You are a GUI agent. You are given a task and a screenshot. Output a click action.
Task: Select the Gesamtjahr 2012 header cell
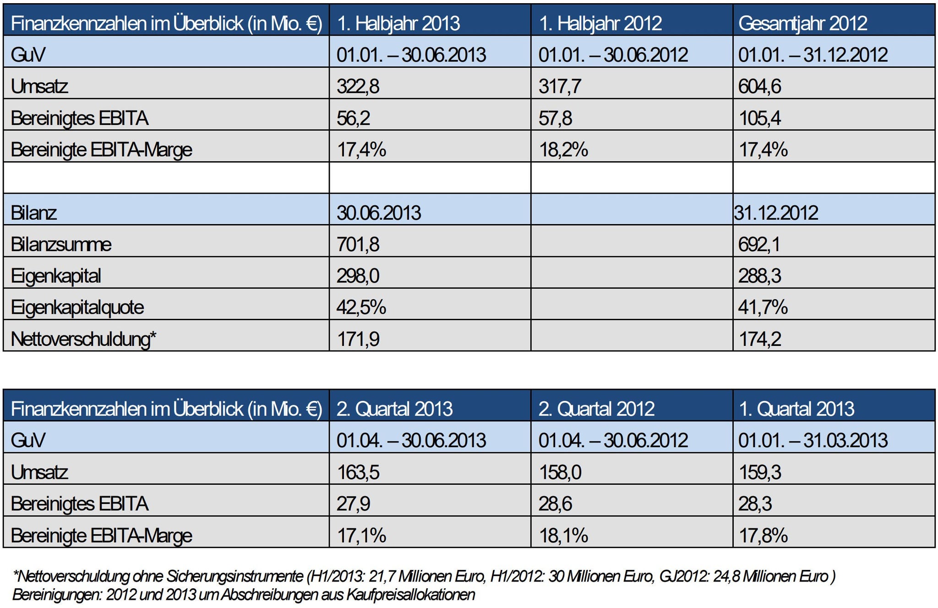pos(802,23)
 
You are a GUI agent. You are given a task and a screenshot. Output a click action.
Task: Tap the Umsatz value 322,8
pos(358,86)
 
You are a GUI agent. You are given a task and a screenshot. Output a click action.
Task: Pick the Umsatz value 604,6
pos(759,86)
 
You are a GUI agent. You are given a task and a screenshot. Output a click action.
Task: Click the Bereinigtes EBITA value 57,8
pos(555,118)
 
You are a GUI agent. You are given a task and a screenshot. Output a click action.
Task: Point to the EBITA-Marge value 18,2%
pos(563,150)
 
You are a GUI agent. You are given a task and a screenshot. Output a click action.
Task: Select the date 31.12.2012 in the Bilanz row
pos(776,213)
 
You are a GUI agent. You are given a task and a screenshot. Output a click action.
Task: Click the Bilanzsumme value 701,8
pos(358,245)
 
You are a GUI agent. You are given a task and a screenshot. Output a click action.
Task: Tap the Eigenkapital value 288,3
pos(759,276)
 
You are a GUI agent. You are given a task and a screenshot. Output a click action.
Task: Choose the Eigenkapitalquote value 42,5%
pos(361,307)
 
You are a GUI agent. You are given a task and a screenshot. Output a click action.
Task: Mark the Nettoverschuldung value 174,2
pos(759,340)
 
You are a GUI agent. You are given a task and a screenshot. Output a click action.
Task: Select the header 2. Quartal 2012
pos(596,409)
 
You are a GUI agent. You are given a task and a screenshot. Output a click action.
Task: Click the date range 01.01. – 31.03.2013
pos(813,440)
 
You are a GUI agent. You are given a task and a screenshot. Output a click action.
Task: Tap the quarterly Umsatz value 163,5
pos(358,472)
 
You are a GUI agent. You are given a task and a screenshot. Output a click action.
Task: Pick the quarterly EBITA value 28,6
pos(555,504)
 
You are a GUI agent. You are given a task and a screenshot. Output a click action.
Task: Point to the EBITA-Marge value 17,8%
pos(763,535)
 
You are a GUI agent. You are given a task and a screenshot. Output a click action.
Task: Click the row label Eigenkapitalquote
pos(77,307)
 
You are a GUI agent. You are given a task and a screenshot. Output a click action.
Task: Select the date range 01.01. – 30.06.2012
pos(613,55)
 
